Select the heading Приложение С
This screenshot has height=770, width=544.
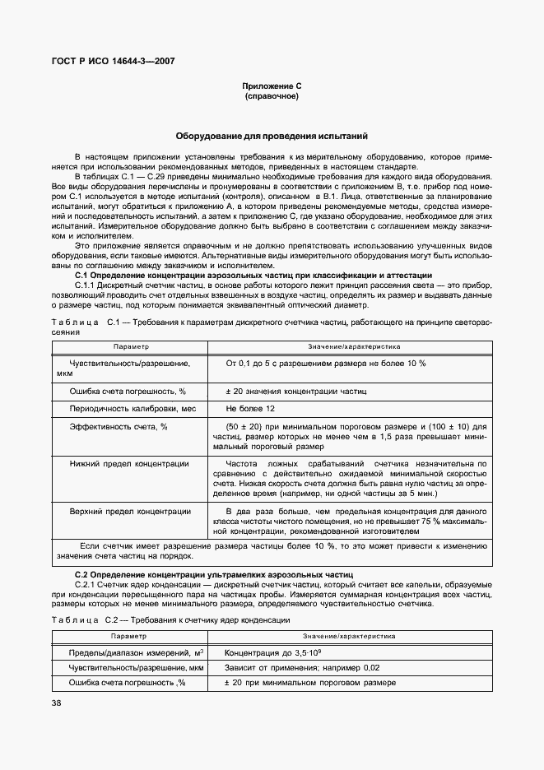point(271,86)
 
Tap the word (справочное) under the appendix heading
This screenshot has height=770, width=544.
point(271,96)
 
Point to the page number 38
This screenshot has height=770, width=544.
point(56,703)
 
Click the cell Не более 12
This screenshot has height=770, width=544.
point(250,408)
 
